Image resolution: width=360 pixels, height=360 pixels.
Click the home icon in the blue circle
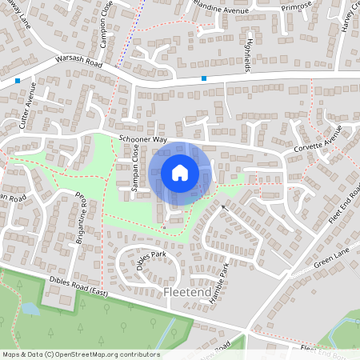[180, 173]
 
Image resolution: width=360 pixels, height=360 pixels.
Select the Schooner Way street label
[142, 139]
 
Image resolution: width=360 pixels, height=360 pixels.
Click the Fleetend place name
[186, 294]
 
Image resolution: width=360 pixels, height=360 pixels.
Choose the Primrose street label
[295, 6]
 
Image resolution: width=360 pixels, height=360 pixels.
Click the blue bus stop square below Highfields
[204, 78]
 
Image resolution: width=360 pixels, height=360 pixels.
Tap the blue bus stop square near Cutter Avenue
[18, 81]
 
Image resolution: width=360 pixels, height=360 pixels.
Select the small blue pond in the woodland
[30, 308]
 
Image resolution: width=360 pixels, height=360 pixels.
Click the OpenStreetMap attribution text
[80, 354]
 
